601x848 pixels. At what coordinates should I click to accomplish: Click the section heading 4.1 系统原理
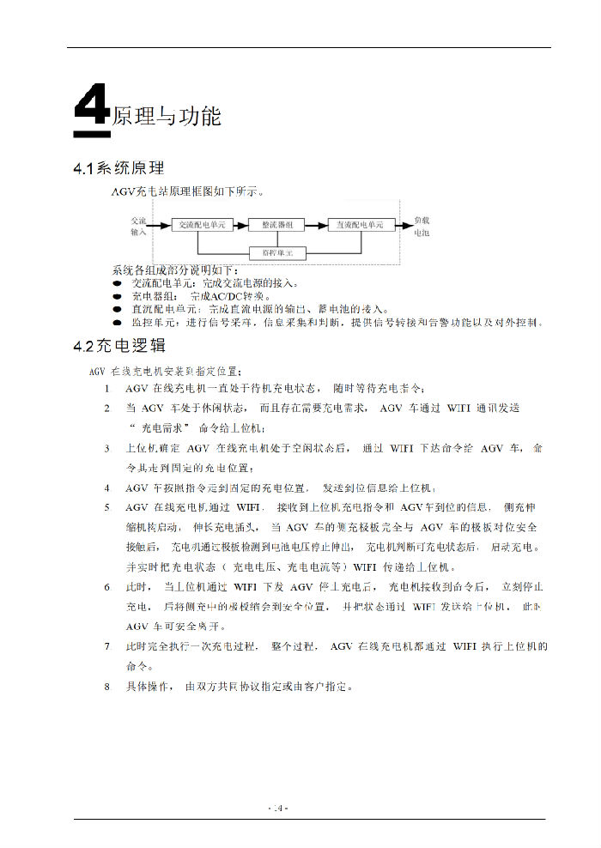118,168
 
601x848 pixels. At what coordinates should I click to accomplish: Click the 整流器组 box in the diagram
276,225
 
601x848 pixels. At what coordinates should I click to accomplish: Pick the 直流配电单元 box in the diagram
360,225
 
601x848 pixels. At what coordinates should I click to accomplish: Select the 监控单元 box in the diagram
276,253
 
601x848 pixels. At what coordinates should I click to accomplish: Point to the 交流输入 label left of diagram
138,226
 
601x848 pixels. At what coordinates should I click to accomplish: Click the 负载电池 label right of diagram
422,226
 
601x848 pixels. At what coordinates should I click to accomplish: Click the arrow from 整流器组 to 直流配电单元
317,225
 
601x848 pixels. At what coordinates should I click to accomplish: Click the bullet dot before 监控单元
117,323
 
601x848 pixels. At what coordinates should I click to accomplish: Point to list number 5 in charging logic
106,507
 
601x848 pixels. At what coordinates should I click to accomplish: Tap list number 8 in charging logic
106,687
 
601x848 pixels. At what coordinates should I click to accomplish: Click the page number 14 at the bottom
278,808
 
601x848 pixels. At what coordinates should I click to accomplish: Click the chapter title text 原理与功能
167,116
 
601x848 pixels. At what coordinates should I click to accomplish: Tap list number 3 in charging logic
106,448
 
